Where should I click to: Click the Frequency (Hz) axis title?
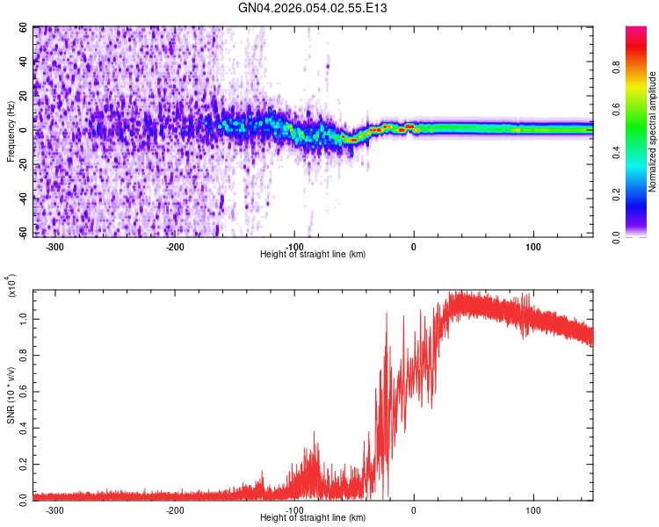11,131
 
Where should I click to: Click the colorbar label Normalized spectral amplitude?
653,131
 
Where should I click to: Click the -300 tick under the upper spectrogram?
54,247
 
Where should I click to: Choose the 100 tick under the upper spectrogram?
533,247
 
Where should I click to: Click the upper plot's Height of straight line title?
313,255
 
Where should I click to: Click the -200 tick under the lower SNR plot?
175,509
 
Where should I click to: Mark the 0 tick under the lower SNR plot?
414,509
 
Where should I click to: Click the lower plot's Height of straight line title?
313,518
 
